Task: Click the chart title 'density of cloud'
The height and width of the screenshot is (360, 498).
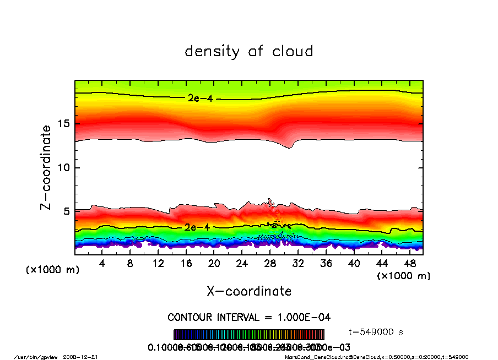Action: point(249,52)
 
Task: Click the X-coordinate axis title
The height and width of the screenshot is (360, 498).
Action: point(249,291)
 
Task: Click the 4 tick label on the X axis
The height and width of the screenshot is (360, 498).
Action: point(102,264)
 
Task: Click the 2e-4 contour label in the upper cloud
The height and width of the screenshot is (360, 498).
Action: point(197,99)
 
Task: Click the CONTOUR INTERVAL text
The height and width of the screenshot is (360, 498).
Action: point(249,318)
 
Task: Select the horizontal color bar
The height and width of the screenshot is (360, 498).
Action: point(249,335)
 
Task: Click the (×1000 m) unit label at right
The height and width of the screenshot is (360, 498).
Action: point(404,276)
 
